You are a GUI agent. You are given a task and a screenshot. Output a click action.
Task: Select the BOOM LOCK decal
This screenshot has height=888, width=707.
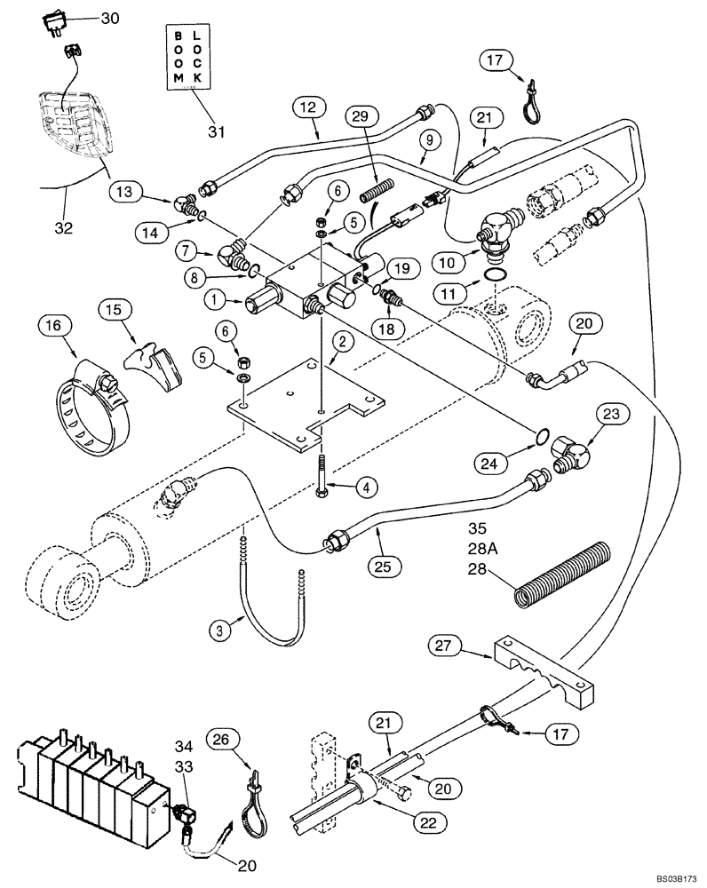coord(189,57)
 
